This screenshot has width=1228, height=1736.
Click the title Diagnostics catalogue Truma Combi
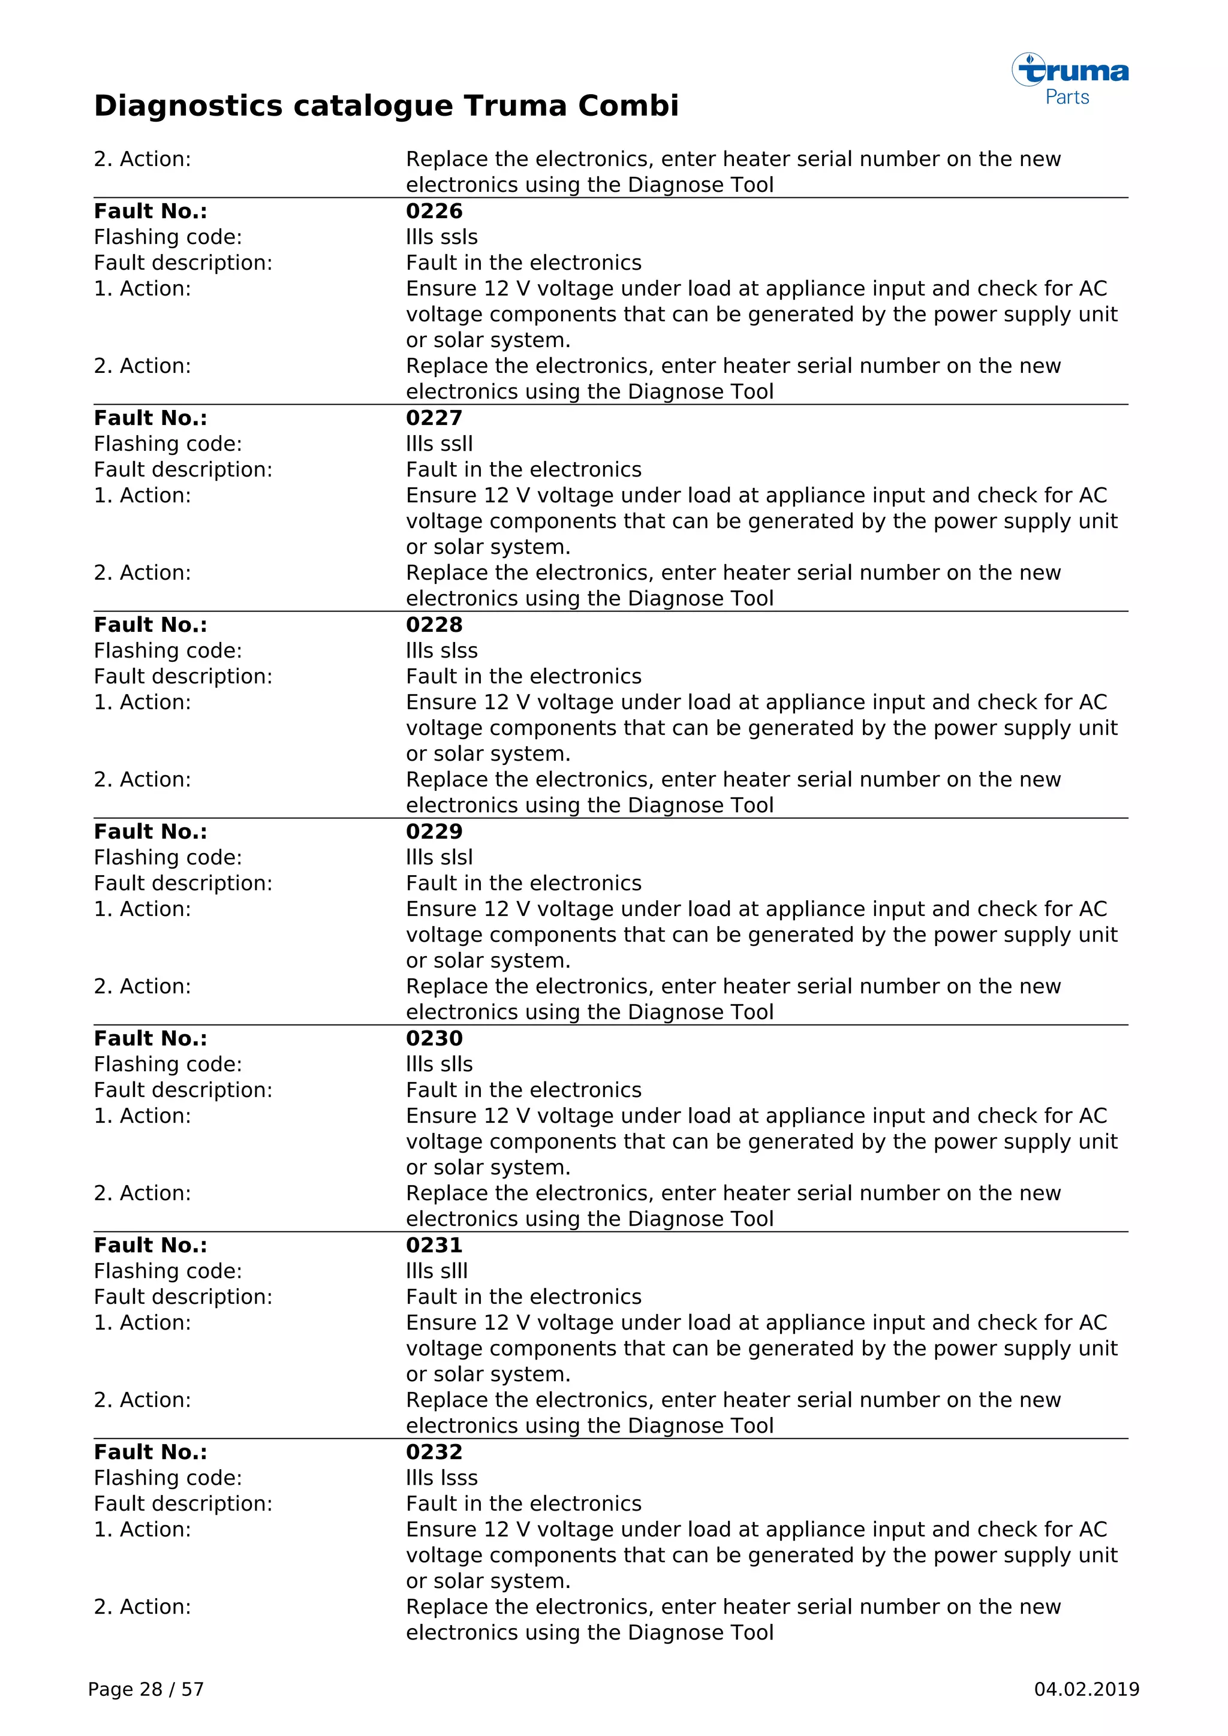point(386,106)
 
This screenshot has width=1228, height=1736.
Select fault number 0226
point(434,211)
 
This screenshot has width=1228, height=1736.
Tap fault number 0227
point(434,418)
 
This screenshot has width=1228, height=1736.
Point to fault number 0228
point(434,625)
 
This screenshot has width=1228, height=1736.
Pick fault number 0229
point(434,831)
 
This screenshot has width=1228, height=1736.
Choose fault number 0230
point(434,1038)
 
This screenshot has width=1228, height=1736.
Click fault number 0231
point(434,1245)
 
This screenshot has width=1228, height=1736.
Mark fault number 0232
point(434,1452)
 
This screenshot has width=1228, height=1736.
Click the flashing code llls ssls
point(441,237)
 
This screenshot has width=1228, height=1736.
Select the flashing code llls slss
point(441,651)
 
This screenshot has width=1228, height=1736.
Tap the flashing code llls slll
point(437,1271)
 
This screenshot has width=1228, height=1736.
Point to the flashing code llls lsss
point(441,1478)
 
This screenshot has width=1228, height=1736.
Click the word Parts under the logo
point(1067,98)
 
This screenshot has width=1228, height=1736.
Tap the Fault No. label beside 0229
point(151,831)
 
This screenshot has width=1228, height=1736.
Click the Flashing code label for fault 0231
point(168,1271)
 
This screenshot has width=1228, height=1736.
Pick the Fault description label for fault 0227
point(183,469)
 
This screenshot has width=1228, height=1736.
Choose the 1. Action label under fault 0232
point(142,1530)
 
